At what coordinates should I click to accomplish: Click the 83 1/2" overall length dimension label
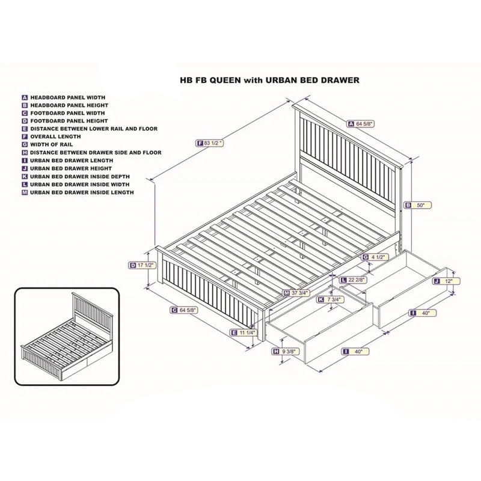(209, 143)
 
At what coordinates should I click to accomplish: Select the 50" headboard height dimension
(418, 205)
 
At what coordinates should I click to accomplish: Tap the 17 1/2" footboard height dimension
(141, 265)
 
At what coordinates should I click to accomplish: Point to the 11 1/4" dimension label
(244, 332)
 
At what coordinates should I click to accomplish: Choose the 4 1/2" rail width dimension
(375, 257)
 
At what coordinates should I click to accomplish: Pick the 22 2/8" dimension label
(354, 280)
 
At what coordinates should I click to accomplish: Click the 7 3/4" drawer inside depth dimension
(330, 299)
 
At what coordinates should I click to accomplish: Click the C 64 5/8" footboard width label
(184, 310)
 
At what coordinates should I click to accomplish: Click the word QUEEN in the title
(227, 81)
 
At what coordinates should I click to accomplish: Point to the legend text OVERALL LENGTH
(55, 136)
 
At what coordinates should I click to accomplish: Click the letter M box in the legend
(25, 192)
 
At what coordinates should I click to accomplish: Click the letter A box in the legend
(25, 97)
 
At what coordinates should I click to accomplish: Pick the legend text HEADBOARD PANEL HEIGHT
(69, 105)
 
